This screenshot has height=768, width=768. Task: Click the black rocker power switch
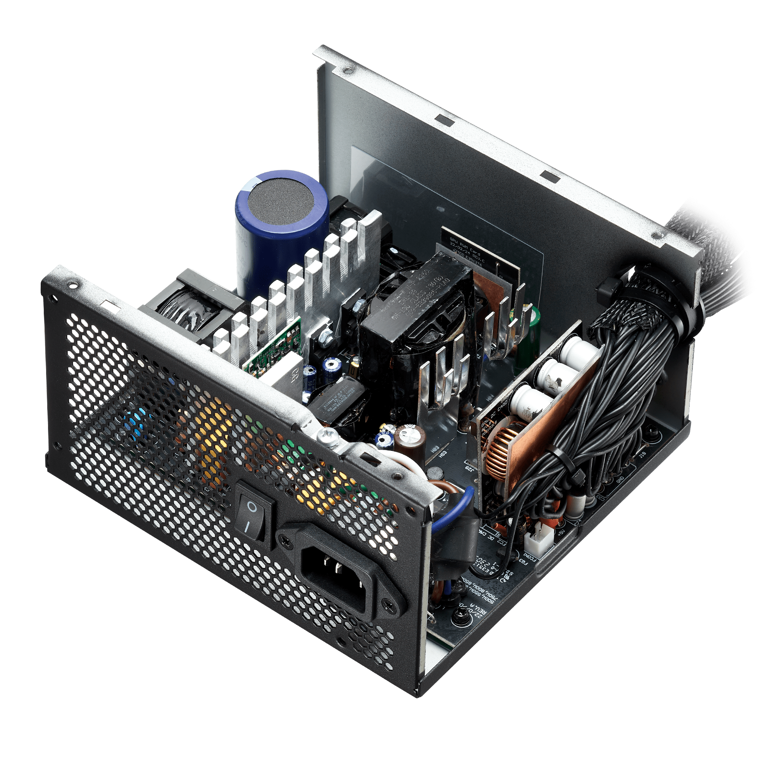[x=253, y=515]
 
